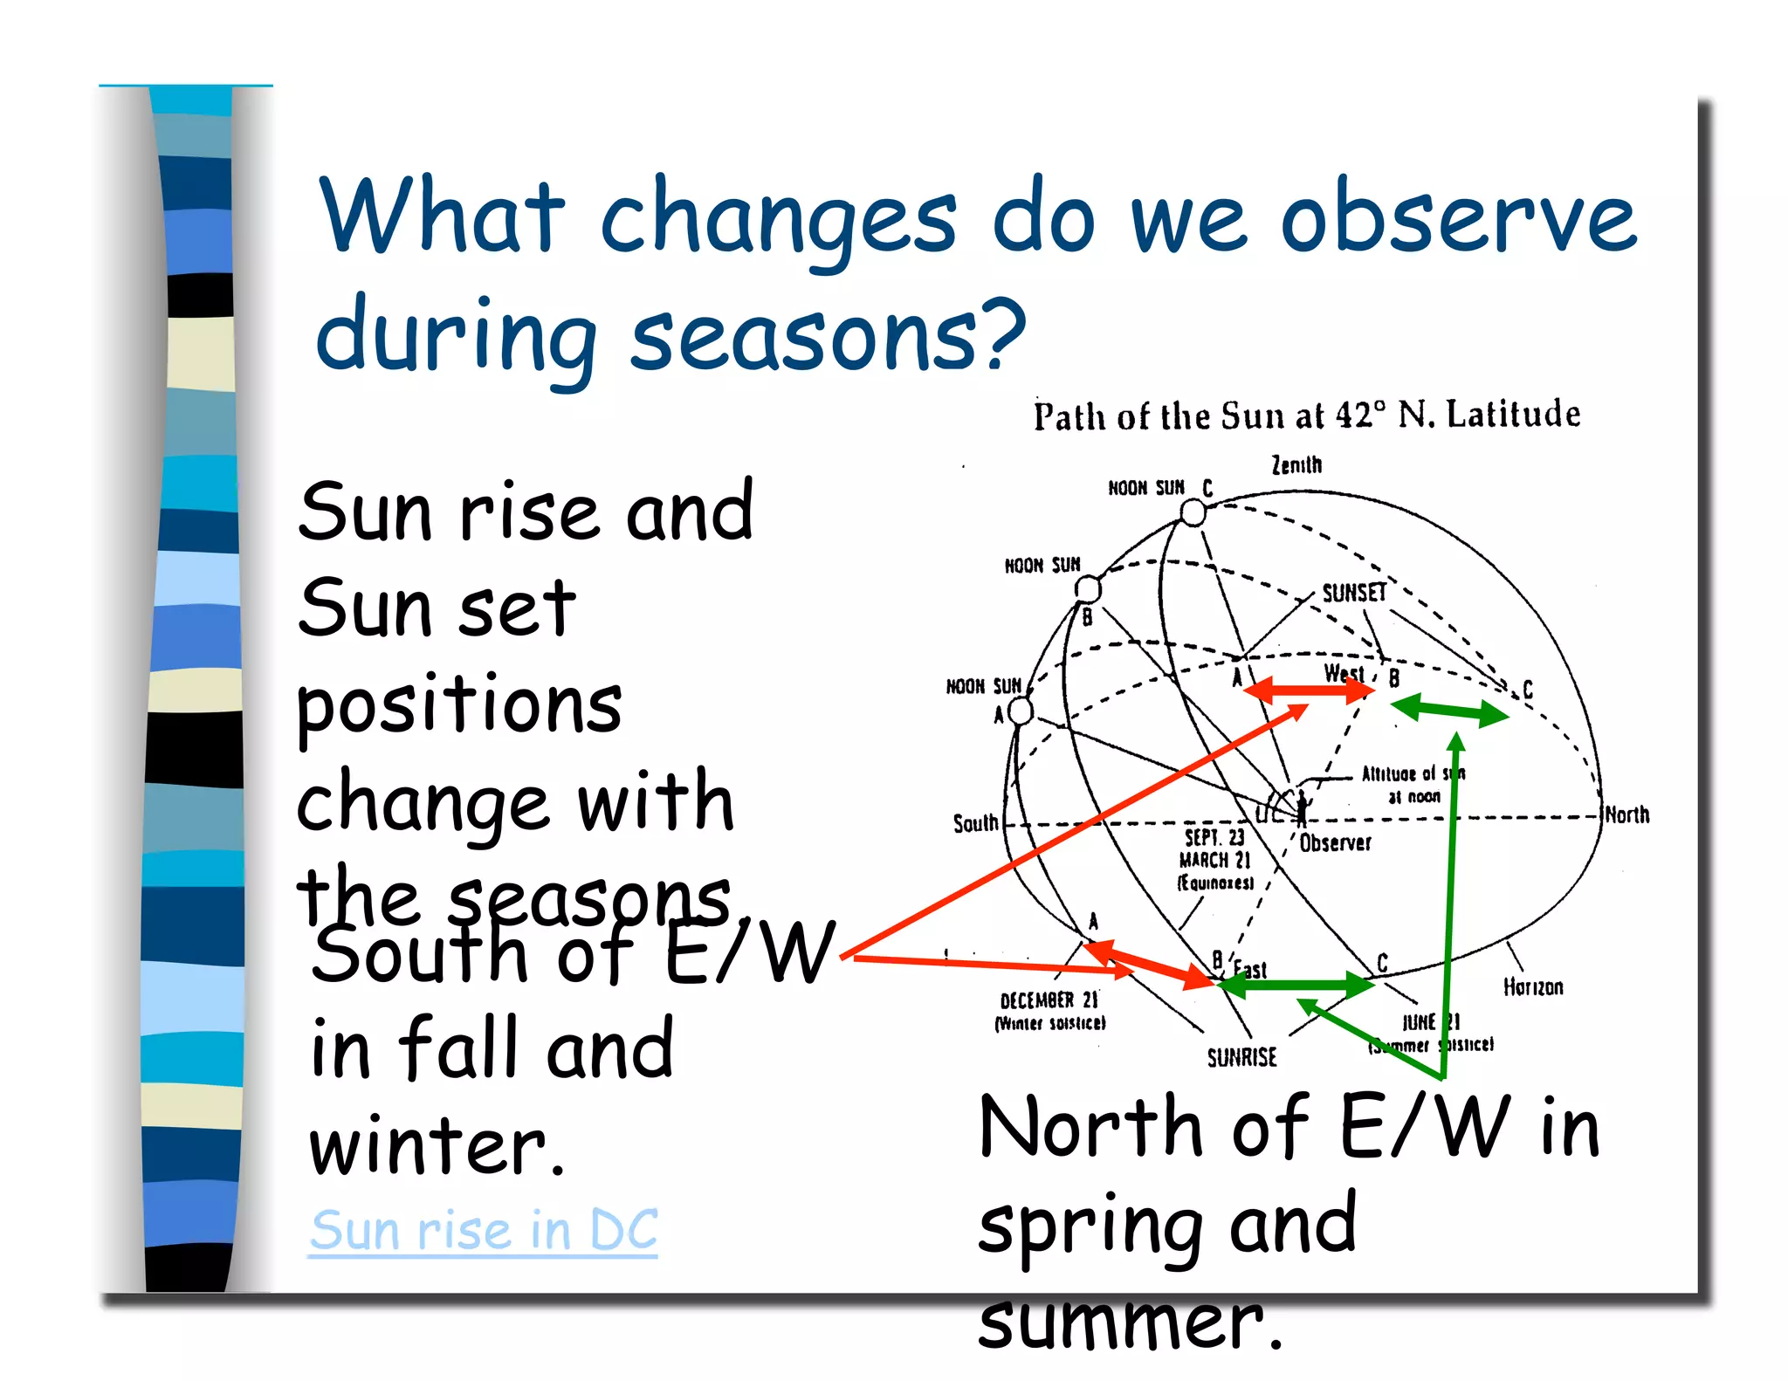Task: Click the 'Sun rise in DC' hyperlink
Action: (483, 1230)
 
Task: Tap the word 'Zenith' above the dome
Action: (1296, 464)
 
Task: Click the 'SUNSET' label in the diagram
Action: (1353, 593)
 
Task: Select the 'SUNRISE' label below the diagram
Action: (1241, 1058)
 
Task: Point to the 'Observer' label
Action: (1335, 842)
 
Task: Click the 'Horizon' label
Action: (1532, 987)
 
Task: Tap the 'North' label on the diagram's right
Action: (1627, 814)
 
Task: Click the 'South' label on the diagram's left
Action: (975, 823)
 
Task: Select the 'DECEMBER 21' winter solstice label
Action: (1049, 1000)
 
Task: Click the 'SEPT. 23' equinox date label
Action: (1214, 837)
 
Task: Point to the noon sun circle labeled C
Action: (1193, 513)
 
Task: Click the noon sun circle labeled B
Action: (1087, 589)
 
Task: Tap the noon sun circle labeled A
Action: (1021, 711)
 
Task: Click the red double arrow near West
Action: (1307, 691)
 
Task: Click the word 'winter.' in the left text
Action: (437, 1146)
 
